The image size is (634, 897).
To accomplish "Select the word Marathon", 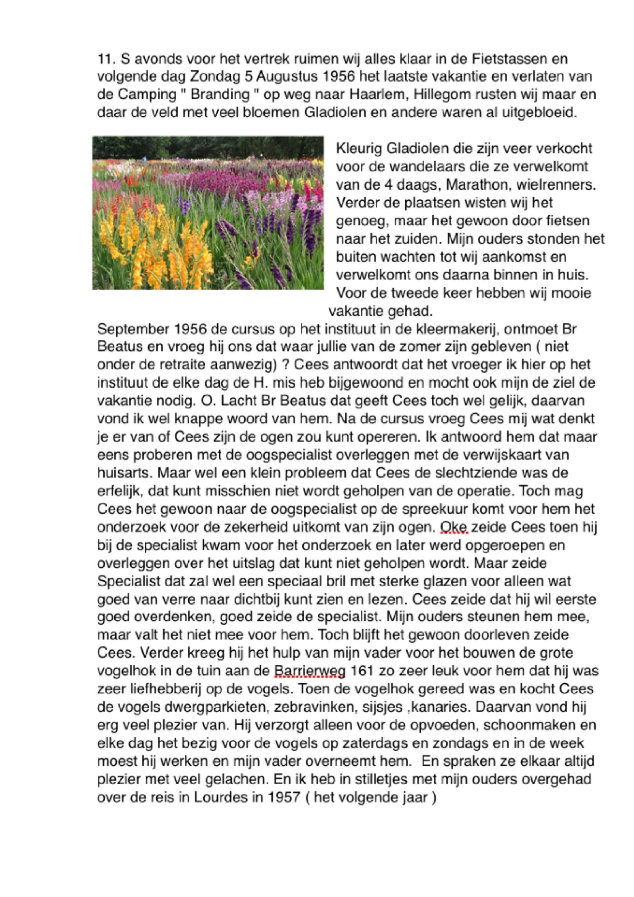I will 475,185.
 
